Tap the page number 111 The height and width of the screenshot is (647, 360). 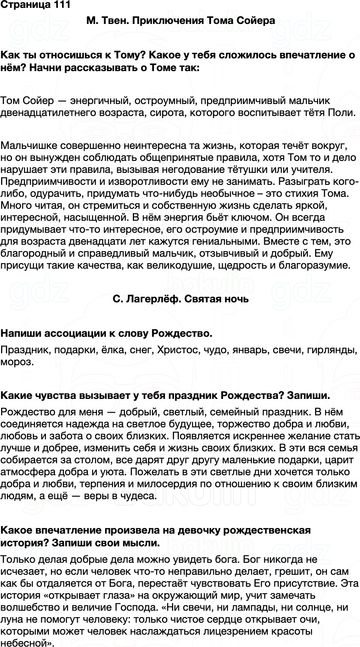(59, 5)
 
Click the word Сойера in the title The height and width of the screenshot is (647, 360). (256, 21)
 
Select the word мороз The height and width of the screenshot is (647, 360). (17, 362)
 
